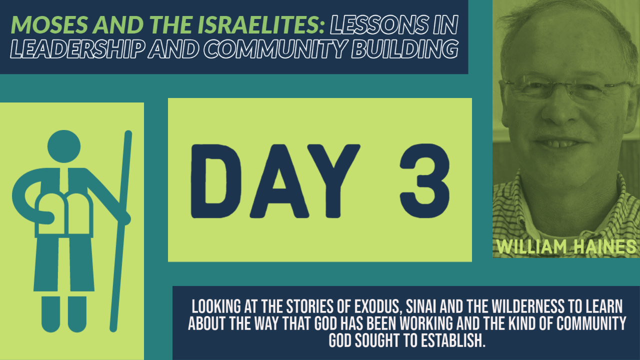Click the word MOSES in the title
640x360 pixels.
(49, 24)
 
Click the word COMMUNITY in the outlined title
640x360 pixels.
(275, 49)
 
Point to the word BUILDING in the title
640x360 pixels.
(405, 49)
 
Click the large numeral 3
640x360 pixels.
(425, 181)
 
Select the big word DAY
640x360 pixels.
(275, 181)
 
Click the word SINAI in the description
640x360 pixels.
(421, 306)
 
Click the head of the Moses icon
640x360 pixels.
(64, 146)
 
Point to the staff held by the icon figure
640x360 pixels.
(121, 231)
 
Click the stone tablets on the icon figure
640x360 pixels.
(64, 215)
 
